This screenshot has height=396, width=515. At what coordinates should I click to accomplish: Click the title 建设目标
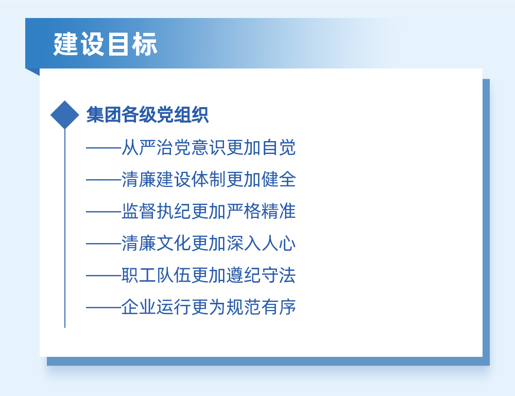coord(105,44)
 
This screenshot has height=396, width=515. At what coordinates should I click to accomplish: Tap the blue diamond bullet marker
coord(65,115)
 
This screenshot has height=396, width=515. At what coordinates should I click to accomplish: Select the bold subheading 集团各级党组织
coord(147,115)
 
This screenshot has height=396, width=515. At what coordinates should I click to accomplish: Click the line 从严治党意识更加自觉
coord(209,147)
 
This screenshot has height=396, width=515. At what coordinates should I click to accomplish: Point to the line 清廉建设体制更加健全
coord(209,179)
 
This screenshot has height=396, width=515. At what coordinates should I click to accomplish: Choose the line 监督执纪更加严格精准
coord(209,211)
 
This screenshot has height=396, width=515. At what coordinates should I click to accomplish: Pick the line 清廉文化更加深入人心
coord(209,243)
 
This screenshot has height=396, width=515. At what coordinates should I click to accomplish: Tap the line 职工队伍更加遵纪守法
coord(209,275)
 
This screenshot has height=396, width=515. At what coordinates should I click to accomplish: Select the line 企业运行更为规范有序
coord(209,307)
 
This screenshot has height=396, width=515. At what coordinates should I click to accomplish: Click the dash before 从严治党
coord(104,148)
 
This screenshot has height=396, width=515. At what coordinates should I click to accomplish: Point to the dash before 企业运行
coord(104,307)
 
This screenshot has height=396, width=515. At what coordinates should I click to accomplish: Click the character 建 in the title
coord(66,44)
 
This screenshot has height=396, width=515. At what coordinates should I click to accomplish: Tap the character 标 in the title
coord(145,44)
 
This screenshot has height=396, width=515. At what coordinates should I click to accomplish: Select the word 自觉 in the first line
coord(279,147)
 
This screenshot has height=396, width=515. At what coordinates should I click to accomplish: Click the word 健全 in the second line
coord(279,179)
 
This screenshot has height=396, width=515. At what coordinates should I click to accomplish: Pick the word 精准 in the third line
coord(279,211)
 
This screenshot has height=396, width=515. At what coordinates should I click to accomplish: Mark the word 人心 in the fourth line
coord(279,243)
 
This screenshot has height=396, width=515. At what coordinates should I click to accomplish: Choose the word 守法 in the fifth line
coord(279,275)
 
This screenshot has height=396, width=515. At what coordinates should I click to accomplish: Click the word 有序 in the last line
coord(279,307)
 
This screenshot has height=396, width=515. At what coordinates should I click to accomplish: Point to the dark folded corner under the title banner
coord(35,71)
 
